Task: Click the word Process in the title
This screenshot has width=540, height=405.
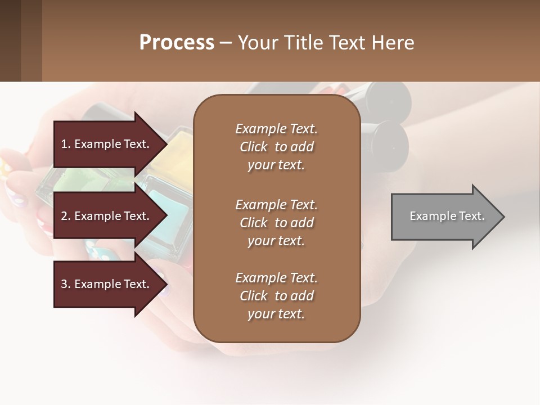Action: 177,43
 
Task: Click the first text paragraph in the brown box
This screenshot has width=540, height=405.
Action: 276,147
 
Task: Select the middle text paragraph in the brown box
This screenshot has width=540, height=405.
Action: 276,223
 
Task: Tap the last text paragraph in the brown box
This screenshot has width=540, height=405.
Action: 276,296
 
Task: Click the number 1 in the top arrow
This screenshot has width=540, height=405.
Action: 64,144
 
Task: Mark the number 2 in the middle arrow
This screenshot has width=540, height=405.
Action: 64,216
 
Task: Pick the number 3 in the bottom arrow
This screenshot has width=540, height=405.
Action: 64,284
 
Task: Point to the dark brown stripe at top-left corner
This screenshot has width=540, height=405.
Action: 10,40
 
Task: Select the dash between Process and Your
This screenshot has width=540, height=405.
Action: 226,43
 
